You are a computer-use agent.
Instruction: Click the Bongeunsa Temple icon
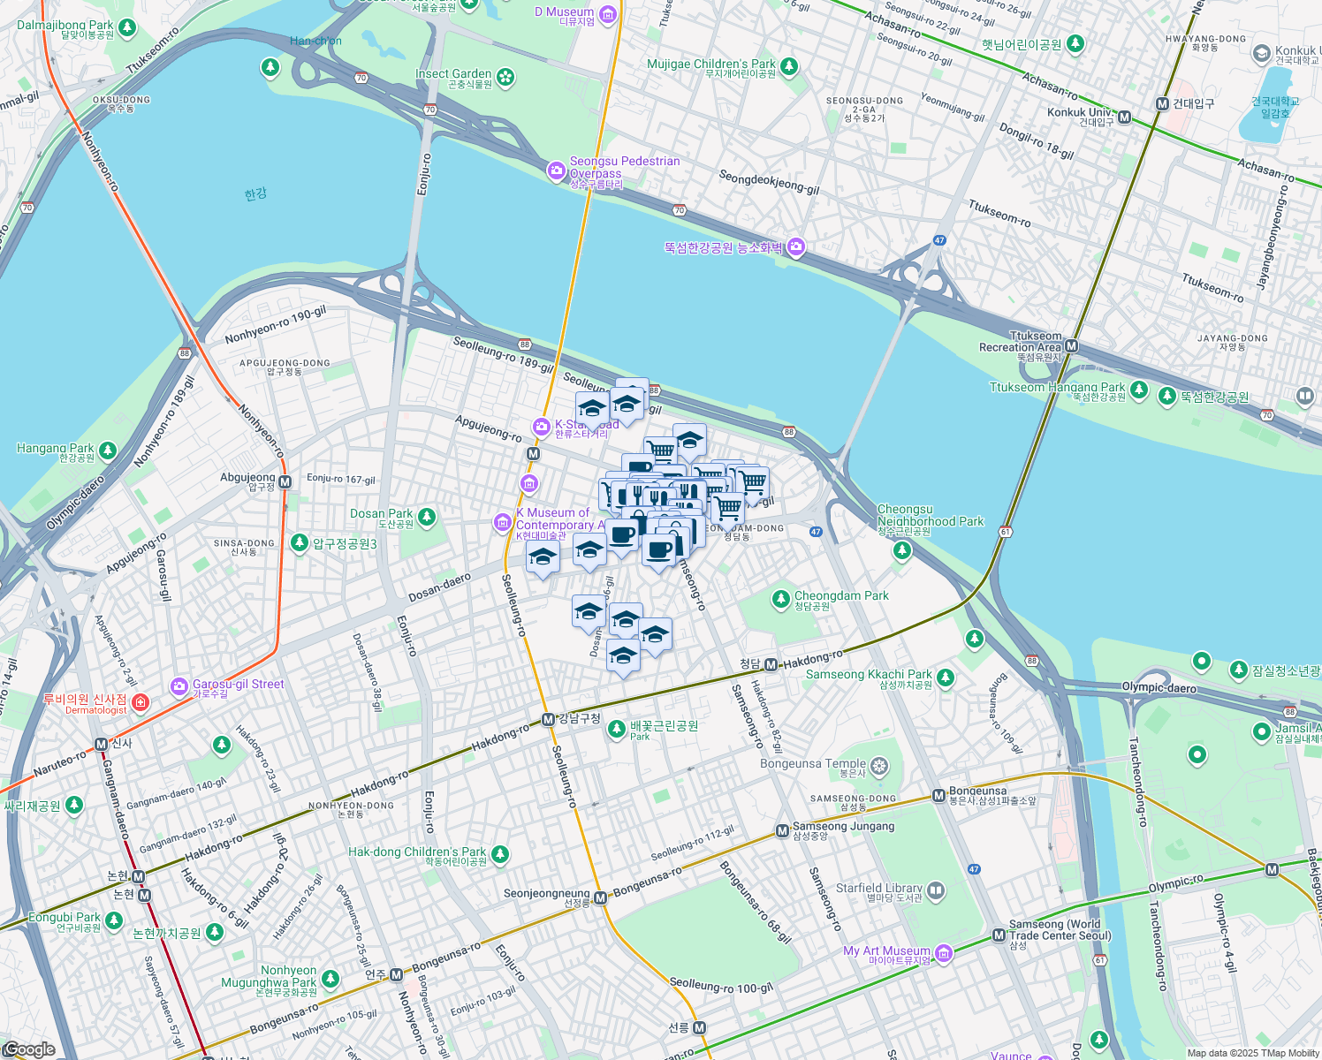878,766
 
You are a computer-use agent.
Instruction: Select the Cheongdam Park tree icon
780,600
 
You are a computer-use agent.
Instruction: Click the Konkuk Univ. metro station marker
1124,117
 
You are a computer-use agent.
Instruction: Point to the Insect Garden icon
505,78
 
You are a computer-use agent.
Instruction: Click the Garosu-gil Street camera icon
179,686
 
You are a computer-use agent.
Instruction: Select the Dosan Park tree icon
427,516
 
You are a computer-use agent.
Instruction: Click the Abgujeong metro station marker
285,481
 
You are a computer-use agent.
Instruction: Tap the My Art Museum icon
944,953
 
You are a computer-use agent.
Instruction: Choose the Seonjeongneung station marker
600,897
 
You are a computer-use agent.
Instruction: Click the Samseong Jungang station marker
781,830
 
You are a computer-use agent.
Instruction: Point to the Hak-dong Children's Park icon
500,854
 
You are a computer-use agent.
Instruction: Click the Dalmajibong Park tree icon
127,28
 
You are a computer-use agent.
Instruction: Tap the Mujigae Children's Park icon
789,66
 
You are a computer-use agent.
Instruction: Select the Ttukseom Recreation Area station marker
1071,345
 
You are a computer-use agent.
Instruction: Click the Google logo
29,1049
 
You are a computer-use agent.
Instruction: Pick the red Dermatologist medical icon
141,702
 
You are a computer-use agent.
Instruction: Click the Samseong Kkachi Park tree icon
946,678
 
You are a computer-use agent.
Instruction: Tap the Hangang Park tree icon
108,450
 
